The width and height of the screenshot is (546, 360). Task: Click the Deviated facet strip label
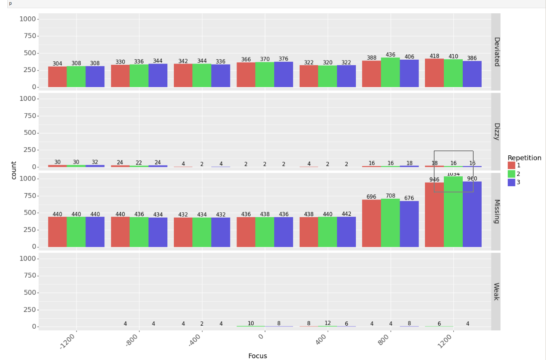[496, 51]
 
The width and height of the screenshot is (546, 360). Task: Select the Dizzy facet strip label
[496, 131]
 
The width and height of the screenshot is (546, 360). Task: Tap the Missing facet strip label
[496, 211]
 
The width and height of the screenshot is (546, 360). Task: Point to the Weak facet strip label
[496, 291]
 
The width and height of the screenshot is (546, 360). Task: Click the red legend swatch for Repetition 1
[511, 166]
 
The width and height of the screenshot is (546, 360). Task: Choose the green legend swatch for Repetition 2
[511, 174]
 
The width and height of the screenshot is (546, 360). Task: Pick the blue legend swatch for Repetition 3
[511, 182]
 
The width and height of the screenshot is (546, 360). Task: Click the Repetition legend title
[524, 158]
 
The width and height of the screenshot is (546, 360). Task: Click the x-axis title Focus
[258, 356]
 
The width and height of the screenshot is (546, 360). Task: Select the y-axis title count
[14, 170]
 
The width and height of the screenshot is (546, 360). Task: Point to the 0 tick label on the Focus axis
[261, 336]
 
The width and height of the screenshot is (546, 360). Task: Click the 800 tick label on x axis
[384, 340]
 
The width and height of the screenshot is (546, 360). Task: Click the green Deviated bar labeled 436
[390, 73]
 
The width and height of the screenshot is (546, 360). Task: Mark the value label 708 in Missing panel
[390, 196]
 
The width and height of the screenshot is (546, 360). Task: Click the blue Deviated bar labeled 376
[283, 75]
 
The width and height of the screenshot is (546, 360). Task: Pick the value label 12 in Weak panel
[328, 323]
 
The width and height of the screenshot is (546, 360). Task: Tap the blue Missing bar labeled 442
[346, 232]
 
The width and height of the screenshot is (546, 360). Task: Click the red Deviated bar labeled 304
[57, 77]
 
